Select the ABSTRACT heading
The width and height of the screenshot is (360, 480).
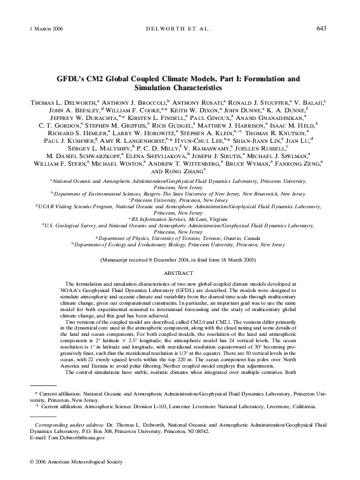point(180,273)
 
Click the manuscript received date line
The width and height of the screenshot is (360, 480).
point(180,260)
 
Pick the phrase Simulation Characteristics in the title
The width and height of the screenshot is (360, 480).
point(180,90)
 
